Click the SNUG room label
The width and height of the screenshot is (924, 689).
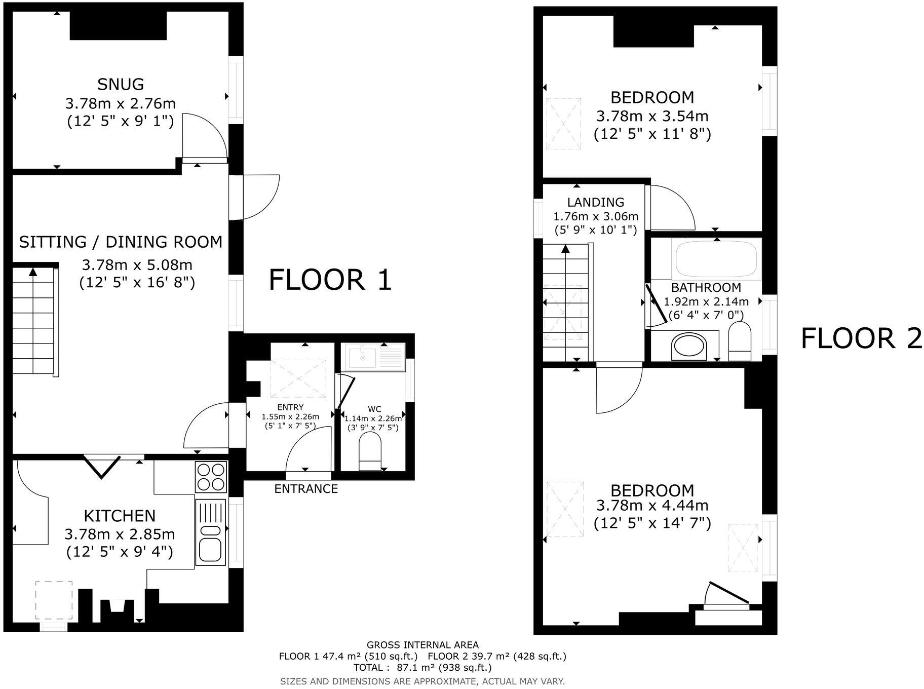point(121,84)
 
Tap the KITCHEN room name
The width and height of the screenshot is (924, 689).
point(120,516)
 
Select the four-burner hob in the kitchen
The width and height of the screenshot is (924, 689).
point(210,477)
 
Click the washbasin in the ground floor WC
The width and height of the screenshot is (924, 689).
point(363,358)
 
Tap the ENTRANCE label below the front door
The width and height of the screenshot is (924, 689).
point(306,489)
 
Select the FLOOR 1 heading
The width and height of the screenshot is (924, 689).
point(330,280)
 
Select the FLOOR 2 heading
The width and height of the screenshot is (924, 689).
point(861,338)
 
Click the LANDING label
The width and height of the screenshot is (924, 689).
point(595,203)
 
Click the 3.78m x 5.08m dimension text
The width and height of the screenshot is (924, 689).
point(137,265)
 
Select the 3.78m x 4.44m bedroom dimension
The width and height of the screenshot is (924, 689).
point(652,506)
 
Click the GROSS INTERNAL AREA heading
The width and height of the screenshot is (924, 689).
point(422,645)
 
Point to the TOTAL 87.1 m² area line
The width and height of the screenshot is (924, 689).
point(422,667)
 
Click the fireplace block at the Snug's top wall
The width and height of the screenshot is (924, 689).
point(118,25)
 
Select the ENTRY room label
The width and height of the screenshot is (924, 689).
point(290,407)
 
